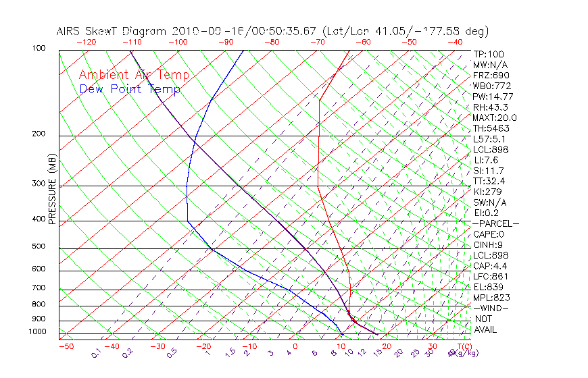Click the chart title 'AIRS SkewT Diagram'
pos(112,32)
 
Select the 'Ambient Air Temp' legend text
pos(134,76)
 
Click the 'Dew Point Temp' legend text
pos(130,89)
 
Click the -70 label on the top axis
pos(316,42)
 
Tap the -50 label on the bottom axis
pos(66,346)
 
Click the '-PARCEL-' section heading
pos(496,223)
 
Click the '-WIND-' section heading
pos(491,308)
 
